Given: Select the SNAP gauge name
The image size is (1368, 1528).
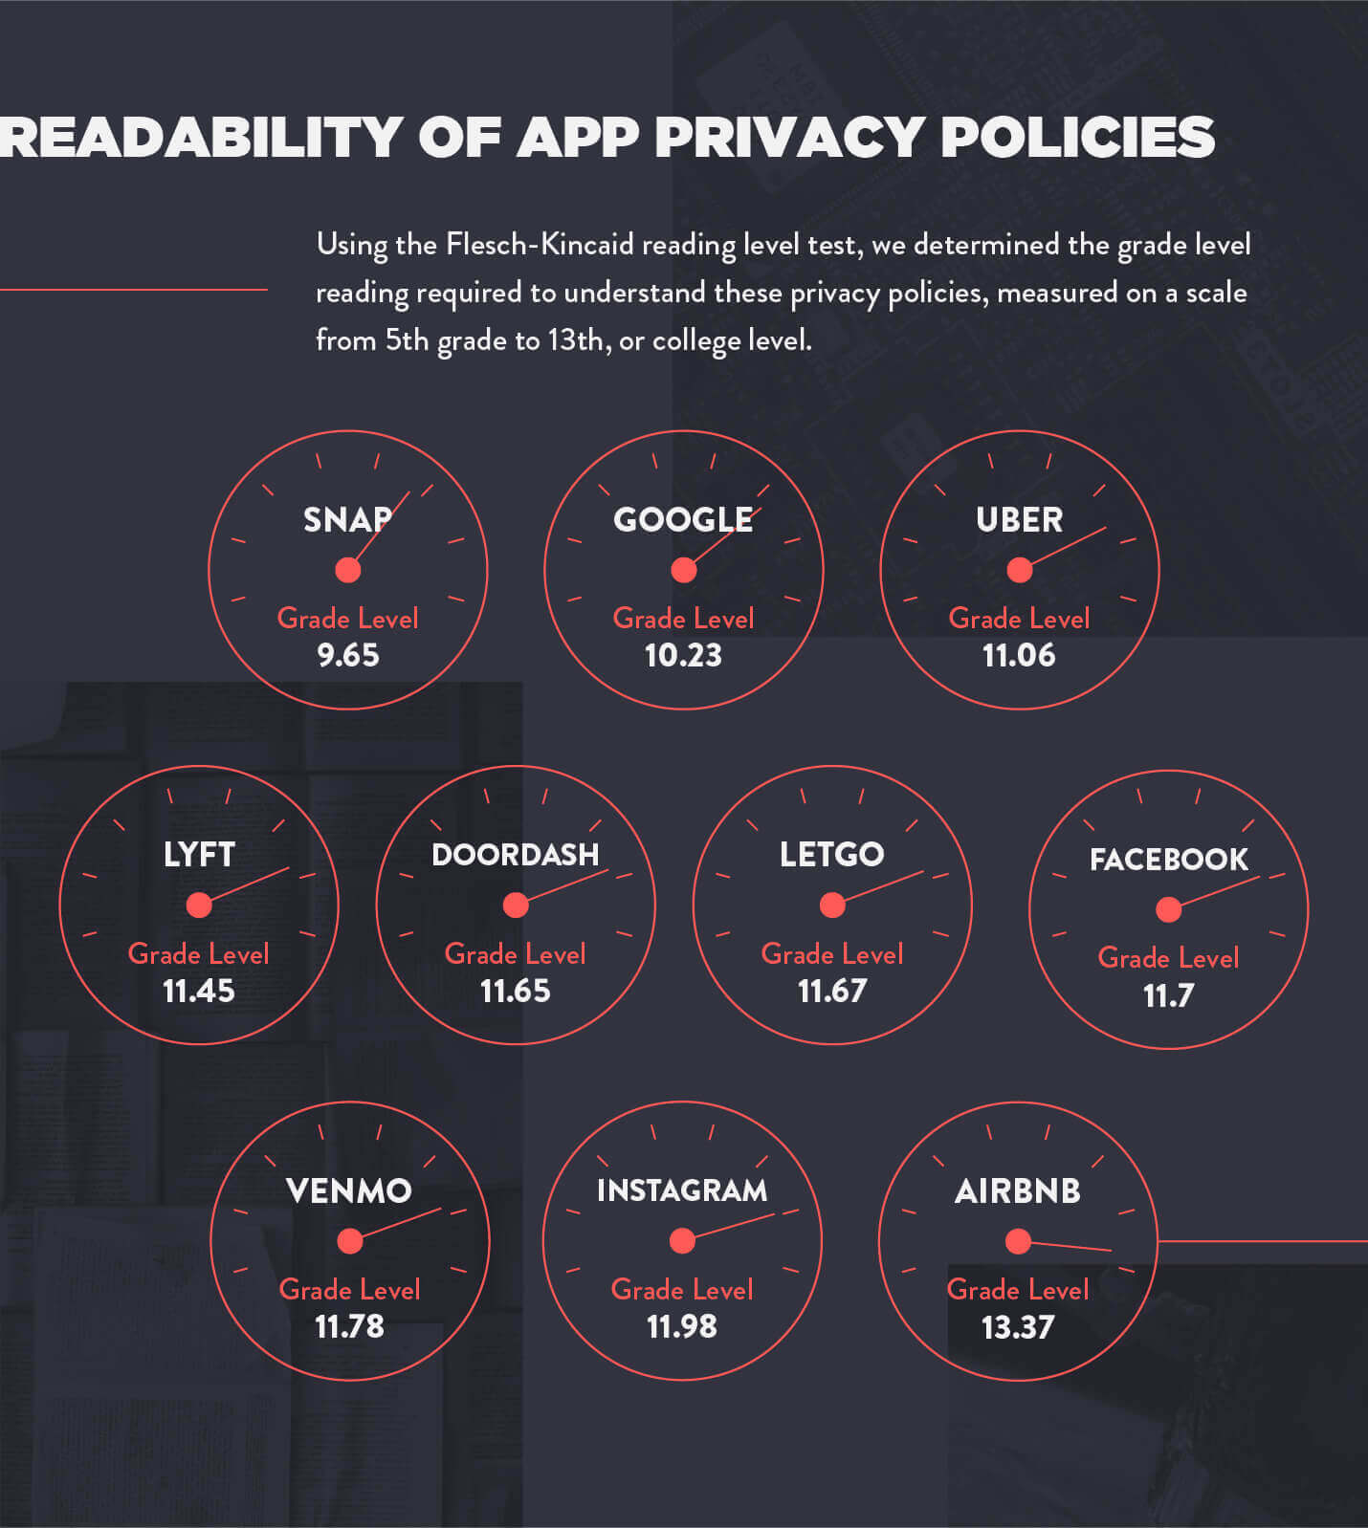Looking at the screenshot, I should click(347, 519).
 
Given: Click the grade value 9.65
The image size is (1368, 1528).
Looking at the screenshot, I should click(348, 655).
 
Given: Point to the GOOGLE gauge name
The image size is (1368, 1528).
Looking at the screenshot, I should click(683, 519).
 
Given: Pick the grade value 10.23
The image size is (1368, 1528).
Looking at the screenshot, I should click(683, 655).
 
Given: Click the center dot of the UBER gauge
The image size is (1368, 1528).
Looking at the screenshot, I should click(1020, 570).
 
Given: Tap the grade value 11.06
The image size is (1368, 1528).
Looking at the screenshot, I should click(1019, 655).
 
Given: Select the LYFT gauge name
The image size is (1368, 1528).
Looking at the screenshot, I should click(199, 854).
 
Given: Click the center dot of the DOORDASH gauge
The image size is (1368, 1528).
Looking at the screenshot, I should click(516, 905).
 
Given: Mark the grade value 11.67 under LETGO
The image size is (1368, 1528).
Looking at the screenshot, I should click(832, 991).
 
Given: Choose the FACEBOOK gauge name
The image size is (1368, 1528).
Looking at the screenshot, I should click(1168, 859).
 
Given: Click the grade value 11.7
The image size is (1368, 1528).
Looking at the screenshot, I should click(1168, 995).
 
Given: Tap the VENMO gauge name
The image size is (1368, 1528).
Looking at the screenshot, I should click(349, 1190).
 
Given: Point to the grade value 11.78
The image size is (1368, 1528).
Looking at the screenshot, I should click(349, 1326).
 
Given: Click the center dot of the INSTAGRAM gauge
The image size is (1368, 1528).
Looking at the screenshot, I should click(682, 1241).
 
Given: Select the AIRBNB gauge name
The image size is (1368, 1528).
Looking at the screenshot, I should click(1018, 1190).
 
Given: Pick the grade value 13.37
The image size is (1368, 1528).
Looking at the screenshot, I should click(1018, 1327).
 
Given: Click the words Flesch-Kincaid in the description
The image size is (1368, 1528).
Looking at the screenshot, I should click(540, 245).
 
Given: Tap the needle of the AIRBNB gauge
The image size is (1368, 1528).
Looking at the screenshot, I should click(1071, 1246).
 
